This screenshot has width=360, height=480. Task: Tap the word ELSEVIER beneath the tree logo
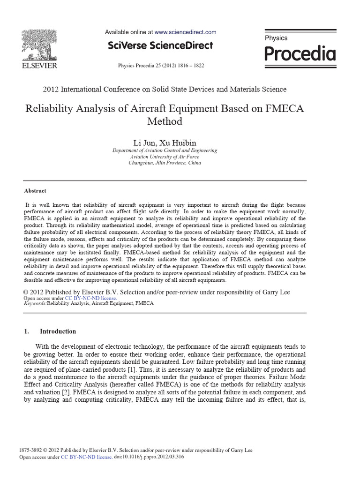click(x=40, y=66)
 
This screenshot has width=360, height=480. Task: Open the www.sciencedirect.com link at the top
click(x=185, y=32)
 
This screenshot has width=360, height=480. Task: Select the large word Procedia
click(x=300, y=54)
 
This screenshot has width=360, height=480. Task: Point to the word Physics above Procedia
click(x=276, y=38)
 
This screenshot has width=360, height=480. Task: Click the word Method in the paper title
click(x=165, y=121)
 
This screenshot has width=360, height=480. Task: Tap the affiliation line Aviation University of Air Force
click(x=165, y=157)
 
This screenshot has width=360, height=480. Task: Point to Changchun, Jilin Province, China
click(x=165, y=163)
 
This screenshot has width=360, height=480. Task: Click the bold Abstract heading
click(x=35, y=191)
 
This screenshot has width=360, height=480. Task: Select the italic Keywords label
click(x=35, y=304)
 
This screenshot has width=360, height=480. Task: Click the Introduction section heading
click(x=58, y=331)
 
